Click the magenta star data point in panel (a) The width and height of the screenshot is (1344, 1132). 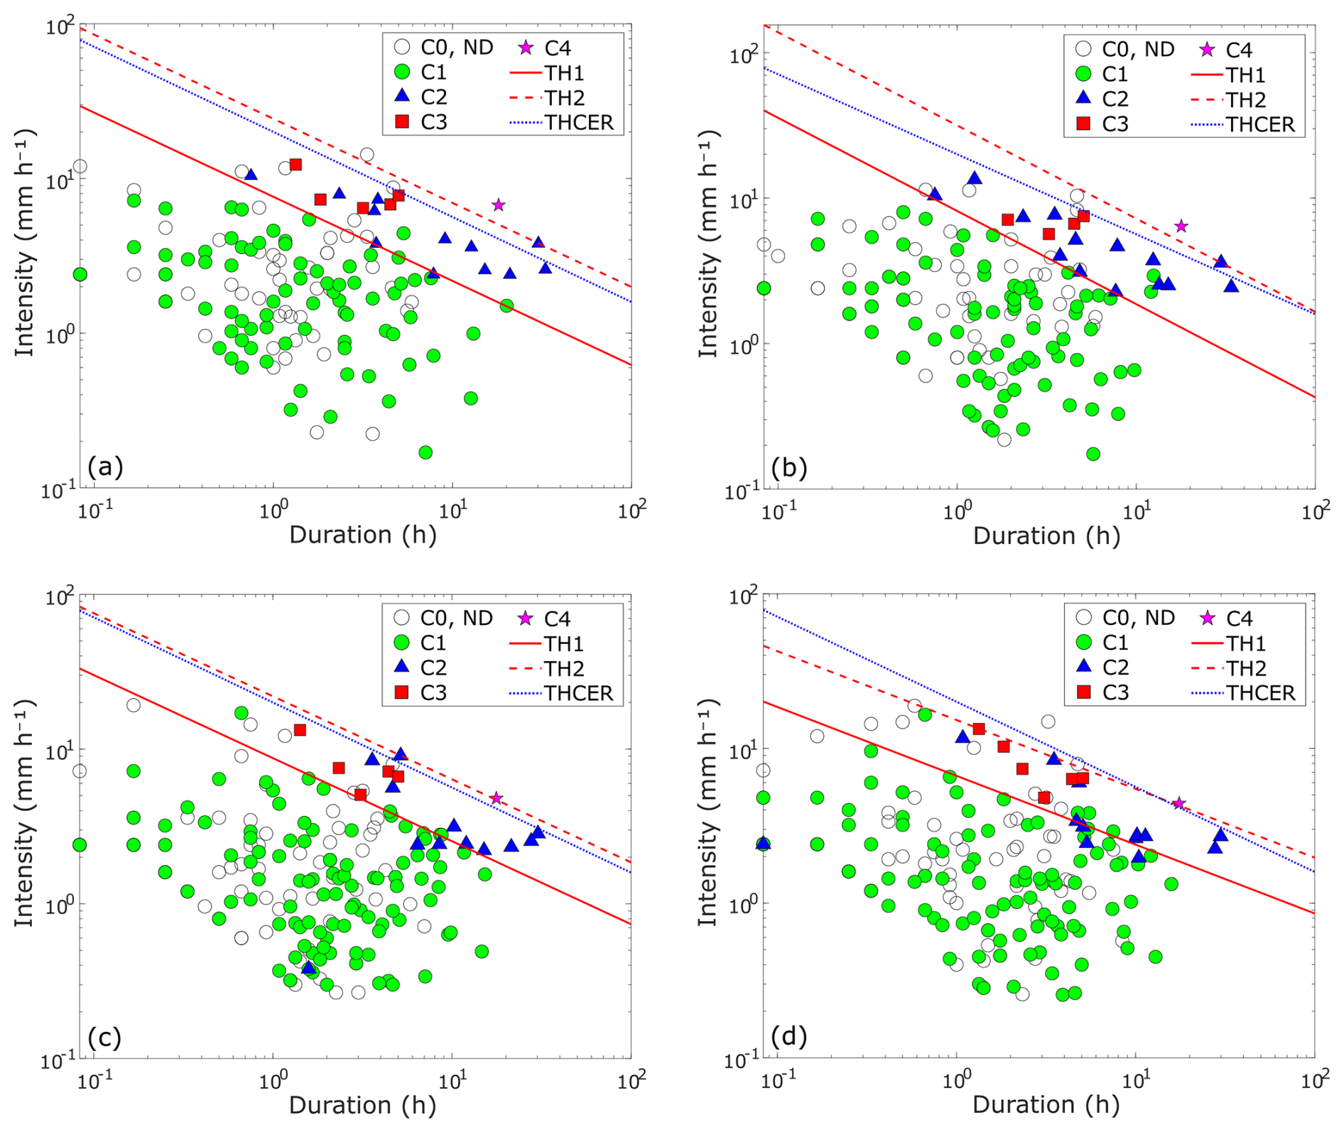499,205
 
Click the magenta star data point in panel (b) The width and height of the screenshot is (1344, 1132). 1181,227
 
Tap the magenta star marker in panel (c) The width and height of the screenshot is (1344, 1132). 497,798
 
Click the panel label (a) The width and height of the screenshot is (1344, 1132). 105,467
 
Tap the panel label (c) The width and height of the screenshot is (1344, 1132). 104,1038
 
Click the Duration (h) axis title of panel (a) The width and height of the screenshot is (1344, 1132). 362,534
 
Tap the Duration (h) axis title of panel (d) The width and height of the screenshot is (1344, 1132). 1046,1104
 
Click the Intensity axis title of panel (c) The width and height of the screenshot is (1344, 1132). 25,814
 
